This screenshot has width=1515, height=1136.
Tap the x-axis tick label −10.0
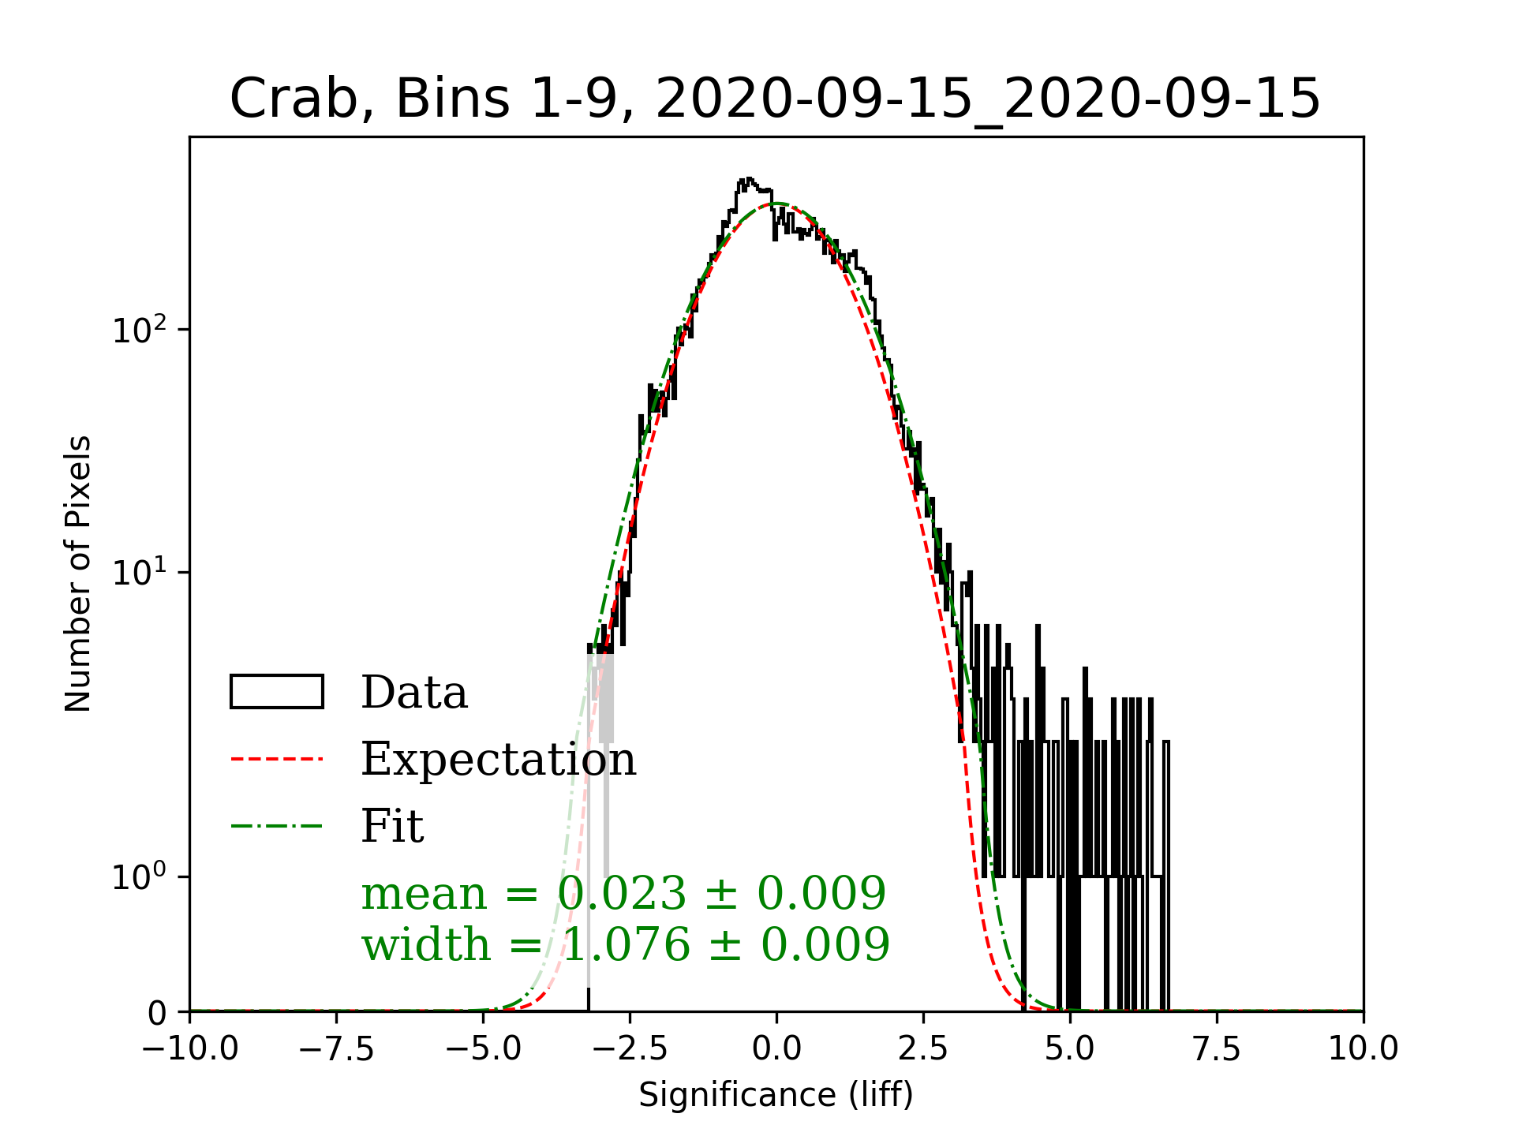(190, 1049)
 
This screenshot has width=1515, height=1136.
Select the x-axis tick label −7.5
(337, 1049)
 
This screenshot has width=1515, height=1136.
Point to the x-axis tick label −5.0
(484, 1049)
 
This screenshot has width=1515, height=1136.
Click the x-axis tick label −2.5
(630, 1049)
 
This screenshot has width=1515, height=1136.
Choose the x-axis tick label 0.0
(776, 1049)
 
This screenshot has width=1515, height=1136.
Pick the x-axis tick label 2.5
(923, 1049)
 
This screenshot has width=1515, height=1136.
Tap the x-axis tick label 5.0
(1070, 1049)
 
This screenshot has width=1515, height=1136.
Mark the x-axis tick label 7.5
(1217, 1049)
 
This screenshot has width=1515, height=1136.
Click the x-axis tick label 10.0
(1363, 1049)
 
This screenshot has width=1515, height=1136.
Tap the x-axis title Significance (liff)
(776, 1096)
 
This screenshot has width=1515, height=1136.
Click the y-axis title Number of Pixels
(78, 574)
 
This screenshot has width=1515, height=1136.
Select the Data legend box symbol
(277, 692)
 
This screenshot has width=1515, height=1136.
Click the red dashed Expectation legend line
(277, 759)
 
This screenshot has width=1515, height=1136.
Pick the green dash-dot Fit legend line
(277, 826)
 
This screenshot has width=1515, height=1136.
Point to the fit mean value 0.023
(623, 894)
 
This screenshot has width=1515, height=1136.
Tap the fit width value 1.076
(627, 945)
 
